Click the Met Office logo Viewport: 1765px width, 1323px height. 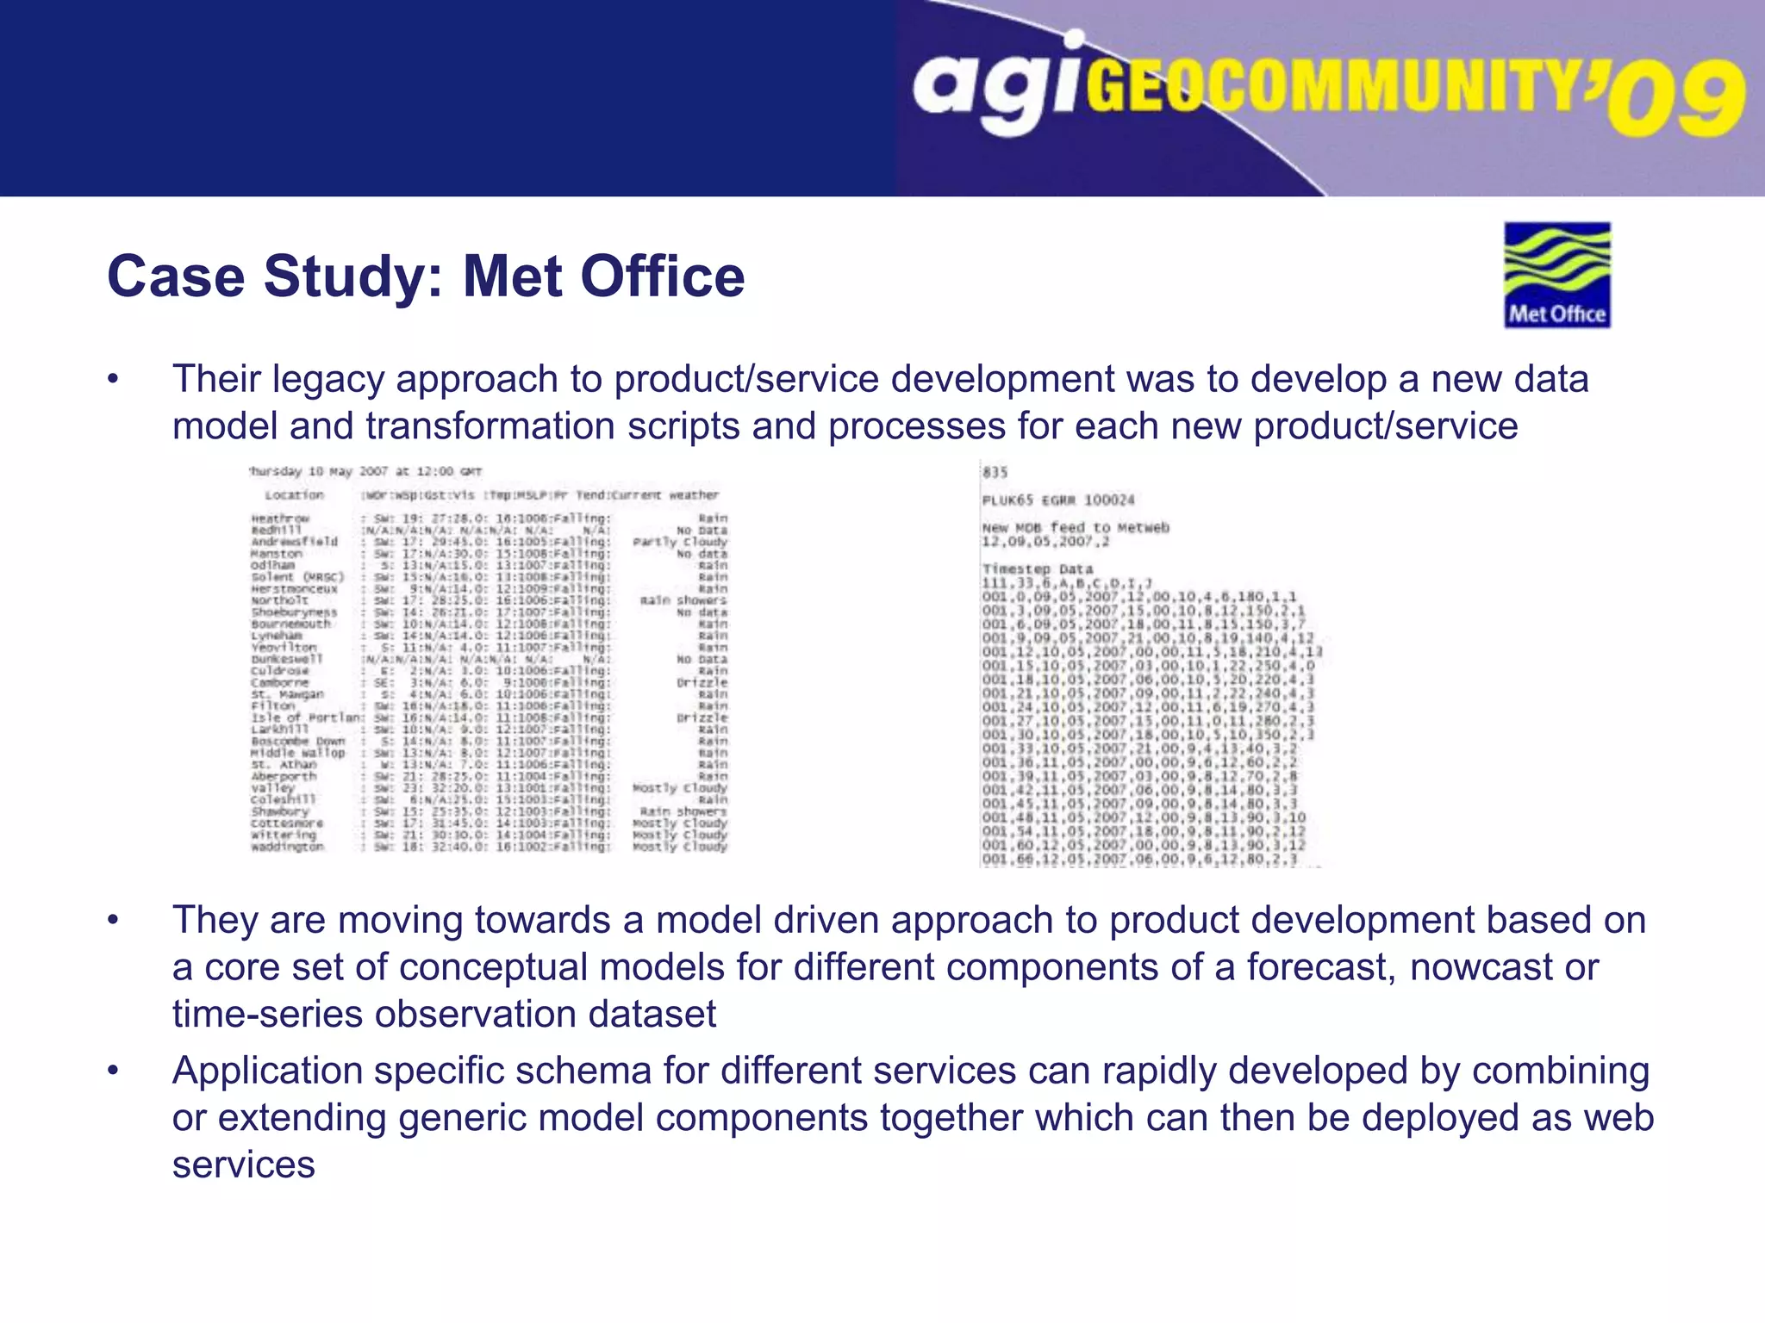(x=1556, y=276)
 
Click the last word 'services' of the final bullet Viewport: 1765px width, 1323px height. (x=243, y=1165)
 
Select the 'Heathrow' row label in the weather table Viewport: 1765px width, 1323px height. (x=280, y=519)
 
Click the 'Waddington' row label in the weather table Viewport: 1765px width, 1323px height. (x=287, y=847)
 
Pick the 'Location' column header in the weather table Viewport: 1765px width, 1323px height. (x=294, y=495)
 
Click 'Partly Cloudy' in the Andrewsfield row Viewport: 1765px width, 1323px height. (x=680, y=542)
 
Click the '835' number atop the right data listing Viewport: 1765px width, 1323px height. (x=995, y=472)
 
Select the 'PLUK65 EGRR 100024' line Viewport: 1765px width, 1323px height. (x=1058, y=500)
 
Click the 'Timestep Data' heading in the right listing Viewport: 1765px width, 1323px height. (x=1037, y=569)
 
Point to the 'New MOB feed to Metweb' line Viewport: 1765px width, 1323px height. (x=1075, y=527)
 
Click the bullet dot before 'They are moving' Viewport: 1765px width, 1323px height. (x=113, y=921)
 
